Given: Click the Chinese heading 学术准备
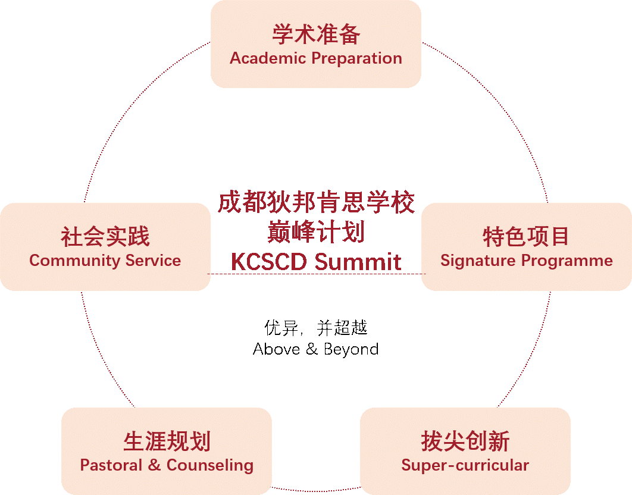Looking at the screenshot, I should [x=316, y=35].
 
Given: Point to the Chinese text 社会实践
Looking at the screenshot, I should [x=105, y=236].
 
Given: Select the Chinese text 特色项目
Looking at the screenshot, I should [x=526, y=236].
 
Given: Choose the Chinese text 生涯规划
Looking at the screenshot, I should [x=167, y=441].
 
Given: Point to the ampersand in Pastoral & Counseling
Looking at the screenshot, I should [x=154, y=465].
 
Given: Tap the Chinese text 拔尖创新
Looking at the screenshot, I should [x=465, y=441].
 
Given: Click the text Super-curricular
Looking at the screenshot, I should [x=465, y=465].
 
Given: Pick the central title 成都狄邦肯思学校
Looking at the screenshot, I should [x=316, y=203].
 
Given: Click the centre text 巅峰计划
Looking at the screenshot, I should [x=316, y=232].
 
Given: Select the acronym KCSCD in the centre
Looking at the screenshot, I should [x=268, y=262].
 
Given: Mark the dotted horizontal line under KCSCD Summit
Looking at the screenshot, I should [x=316, y=274].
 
